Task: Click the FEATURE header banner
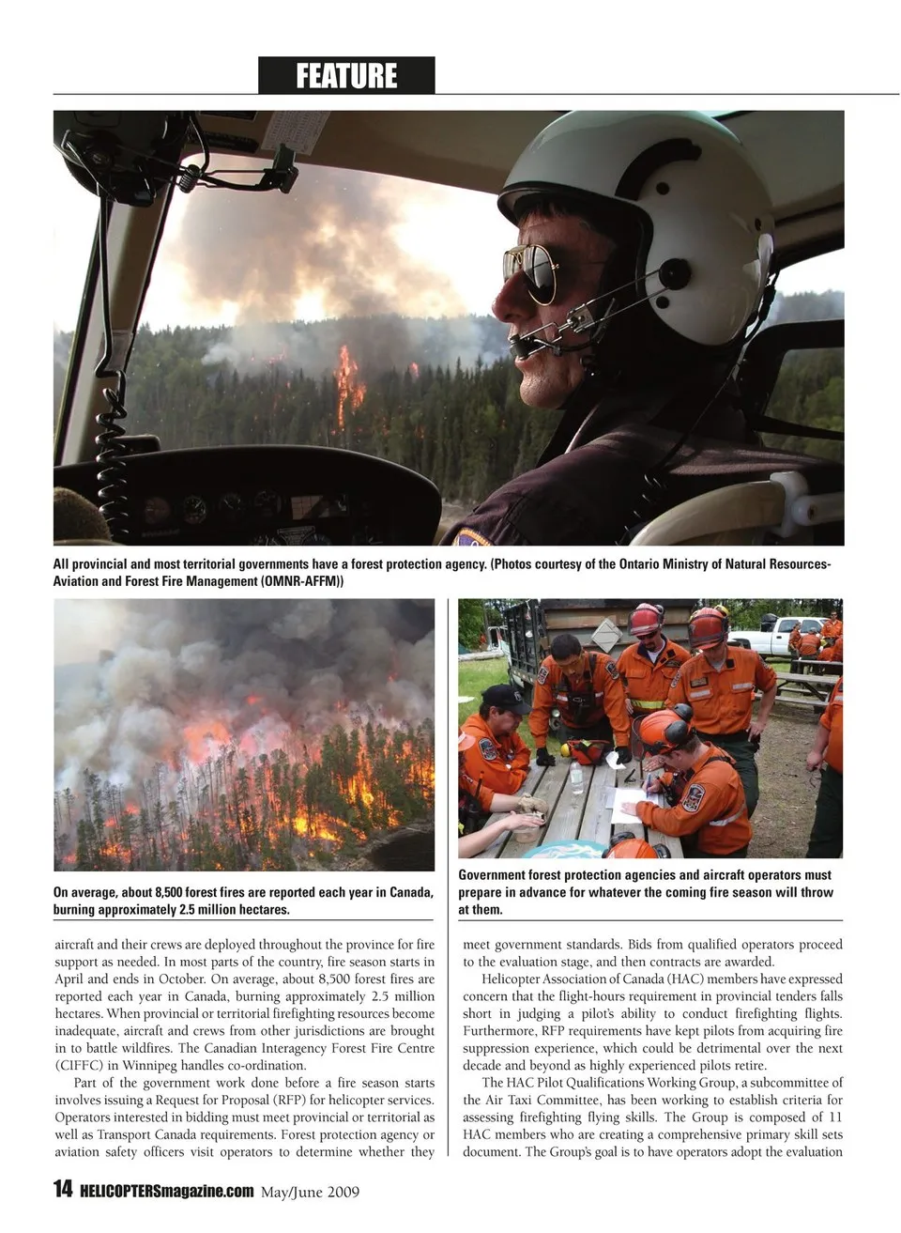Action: point(346,75)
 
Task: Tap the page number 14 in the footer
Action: point(62,1190)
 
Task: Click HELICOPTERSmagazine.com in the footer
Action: point(167,1191)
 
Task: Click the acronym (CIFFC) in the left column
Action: point(80,1065)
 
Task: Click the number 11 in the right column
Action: point(834,1117)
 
